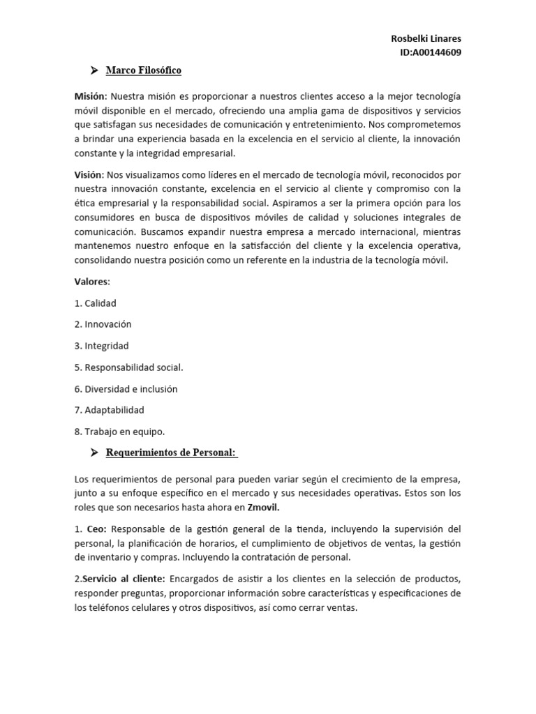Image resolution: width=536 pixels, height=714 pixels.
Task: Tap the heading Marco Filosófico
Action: tap(143, 70)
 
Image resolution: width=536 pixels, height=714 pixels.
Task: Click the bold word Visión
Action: tap(89, 174)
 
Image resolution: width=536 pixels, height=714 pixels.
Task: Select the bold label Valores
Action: tap(91, 282)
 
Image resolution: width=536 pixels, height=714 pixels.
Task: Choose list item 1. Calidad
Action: tap(95, 303)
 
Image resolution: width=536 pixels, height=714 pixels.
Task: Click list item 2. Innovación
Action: tap(103, 324)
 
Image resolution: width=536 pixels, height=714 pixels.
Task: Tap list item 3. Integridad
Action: tap(101, 346)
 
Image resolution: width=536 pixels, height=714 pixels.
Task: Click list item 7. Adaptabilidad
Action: tap(109, 410)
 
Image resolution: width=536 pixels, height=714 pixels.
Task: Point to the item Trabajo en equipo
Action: tap(114, 432)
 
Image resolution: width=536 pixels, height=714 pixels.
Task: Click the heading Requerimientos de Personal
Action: tap(171, 453)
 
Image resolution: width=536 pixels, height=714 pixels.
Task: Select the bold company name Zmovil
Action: tap(267, 508)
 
